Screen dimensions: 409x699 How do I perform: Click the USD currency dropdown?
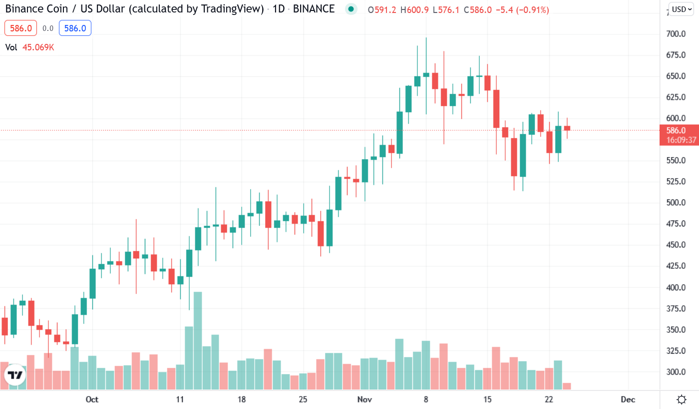[x=681, y=9]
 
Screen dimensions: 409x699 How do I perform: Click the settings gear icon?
[x=682, y=400]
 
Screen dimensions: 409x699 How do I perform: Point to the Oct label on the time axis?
[x=92, y=400]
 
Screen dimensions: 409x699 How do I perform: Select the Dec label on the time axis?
[x=628, y=400]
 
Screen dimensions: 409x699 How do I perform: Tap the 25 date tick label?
[x=303, y=400]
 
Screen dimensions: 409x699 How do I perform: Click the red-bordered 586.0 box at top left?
[x=21, y=28]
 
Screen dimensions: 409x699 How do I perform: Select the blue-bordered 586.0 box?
[x=75, y=28]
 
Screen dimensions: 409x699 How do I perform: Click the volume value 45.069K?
[x=38, y=47]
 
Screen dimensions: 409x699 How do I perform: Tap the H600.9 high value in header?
[x=416, y=9]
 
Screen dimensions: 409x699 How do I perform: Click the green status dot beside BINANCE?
[x=351, y=9]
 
